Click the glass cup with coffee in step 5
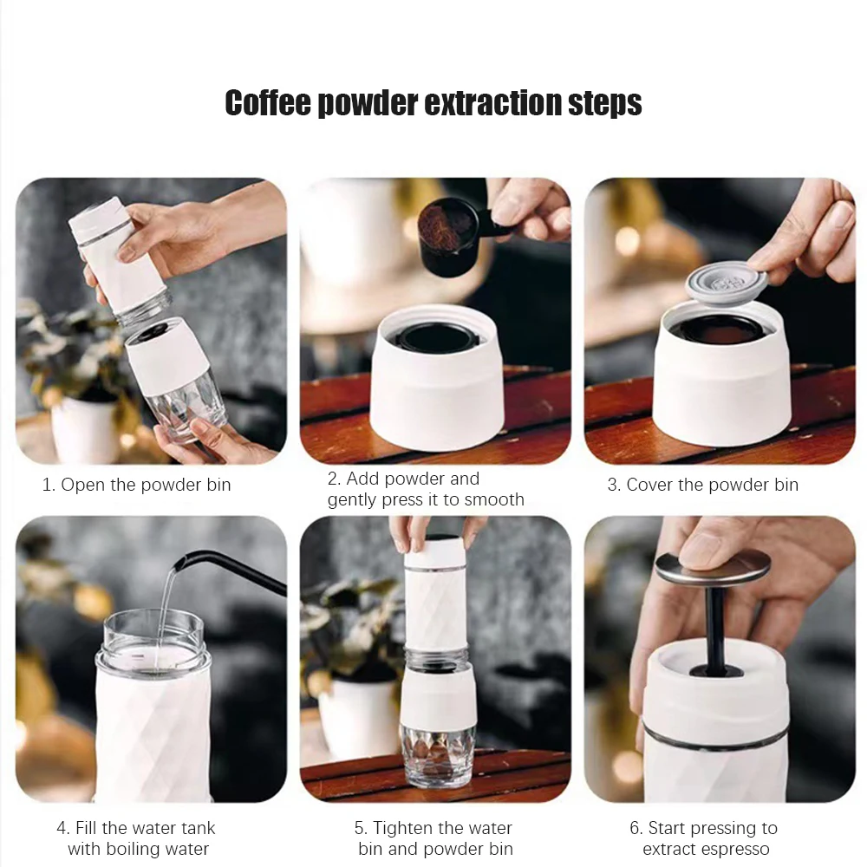437,758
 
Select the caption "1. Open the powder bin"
137,485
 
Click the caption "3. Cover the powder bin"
703,485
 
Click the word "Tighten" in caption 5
406,828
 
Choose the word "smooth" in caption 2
494,500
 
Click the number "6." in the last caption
636,828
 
